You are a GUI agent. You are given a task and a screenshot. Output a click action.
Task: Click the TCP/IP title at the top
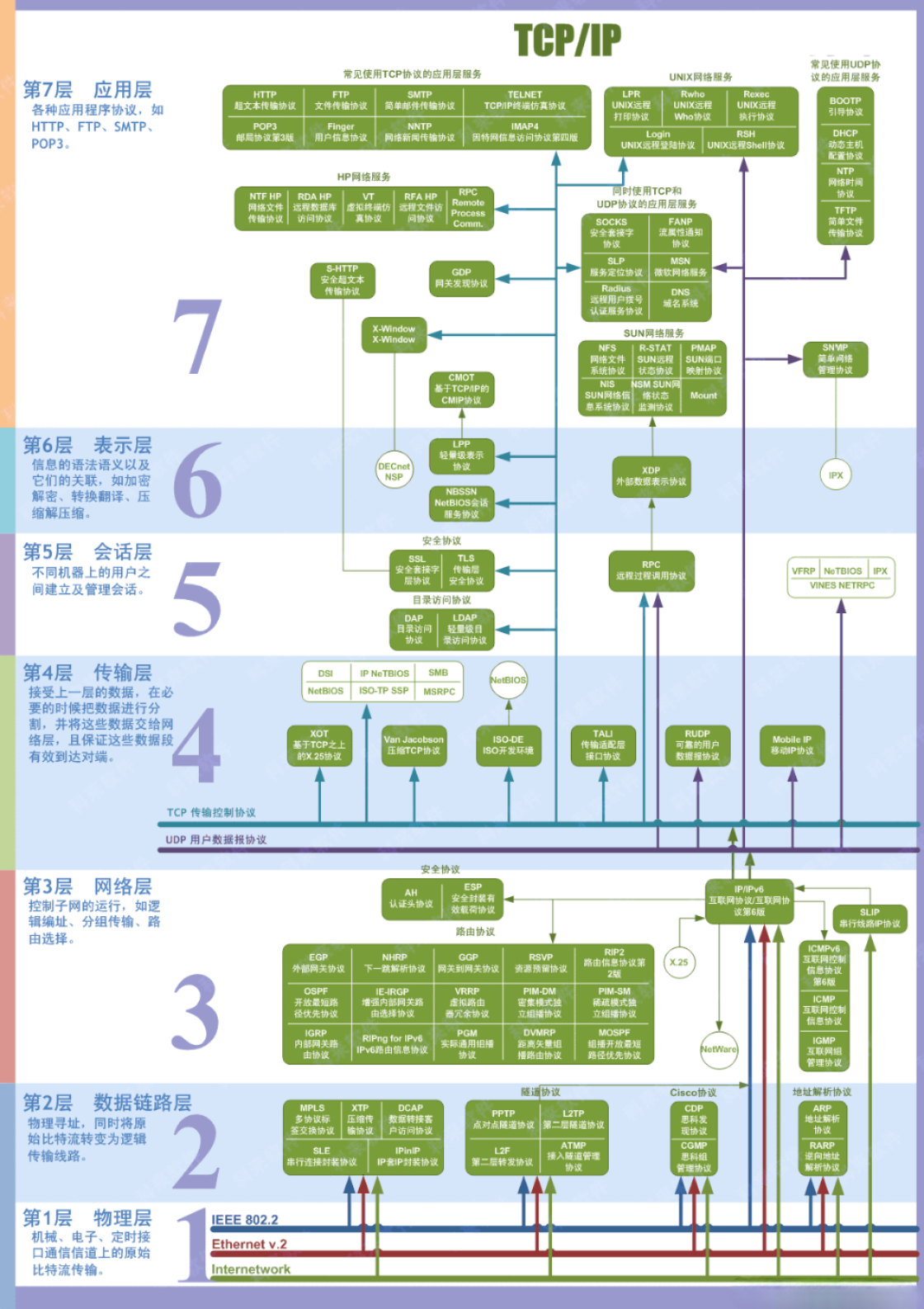(567, 40)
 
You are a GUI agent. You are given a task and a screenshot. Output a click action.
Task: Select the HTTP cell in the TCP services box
(265, 101)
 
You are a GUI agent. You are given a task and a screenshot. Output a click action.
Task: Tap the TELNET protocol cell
(525, 101)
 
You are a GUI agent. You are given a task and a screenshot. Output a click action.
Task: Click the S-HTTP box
(342, 280)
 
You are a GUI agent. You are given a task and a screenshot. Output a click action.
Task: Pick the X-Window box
(394, 334)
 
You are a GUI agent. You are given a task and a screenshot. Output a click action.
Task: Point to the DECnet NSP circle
(394, 471)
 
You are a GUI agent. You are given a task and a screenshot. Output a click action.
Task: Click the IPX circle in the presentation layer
(836, 475)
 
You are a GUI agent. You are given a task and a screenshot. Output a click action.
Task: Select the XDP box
(651, 476)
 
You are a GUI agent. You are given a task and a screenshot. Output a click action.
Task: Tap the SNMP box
(835, 359)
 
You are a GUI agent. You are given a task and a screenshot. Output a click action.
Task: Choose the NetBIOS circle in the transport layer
(508, 680)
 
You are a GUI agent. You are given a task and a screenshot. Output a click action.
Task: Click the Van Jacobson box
(413, 745)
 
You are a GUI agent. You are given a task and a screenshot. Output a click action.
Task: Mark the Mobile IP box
(791, 745)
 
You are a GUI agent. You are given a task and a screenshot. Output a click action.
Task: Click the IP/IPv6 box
(749, 900)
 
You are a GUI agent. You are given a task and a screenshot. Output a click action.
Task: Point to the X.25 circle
(679, 962)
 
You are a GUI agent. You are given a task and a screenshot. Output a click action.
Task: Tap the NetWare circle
(719, 1050)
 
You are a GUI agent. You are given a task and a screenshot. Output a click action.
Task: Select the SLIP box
(869, 918)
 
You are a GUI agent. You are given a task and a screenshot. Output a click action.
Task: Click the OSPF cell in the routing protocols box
(316, 1002)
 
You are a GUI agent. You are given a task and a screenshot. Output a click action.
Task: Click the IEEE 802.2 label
(245, 1220)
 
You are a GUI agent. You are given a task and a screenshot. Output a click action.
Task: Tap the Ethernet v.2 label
(249, 1245)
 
